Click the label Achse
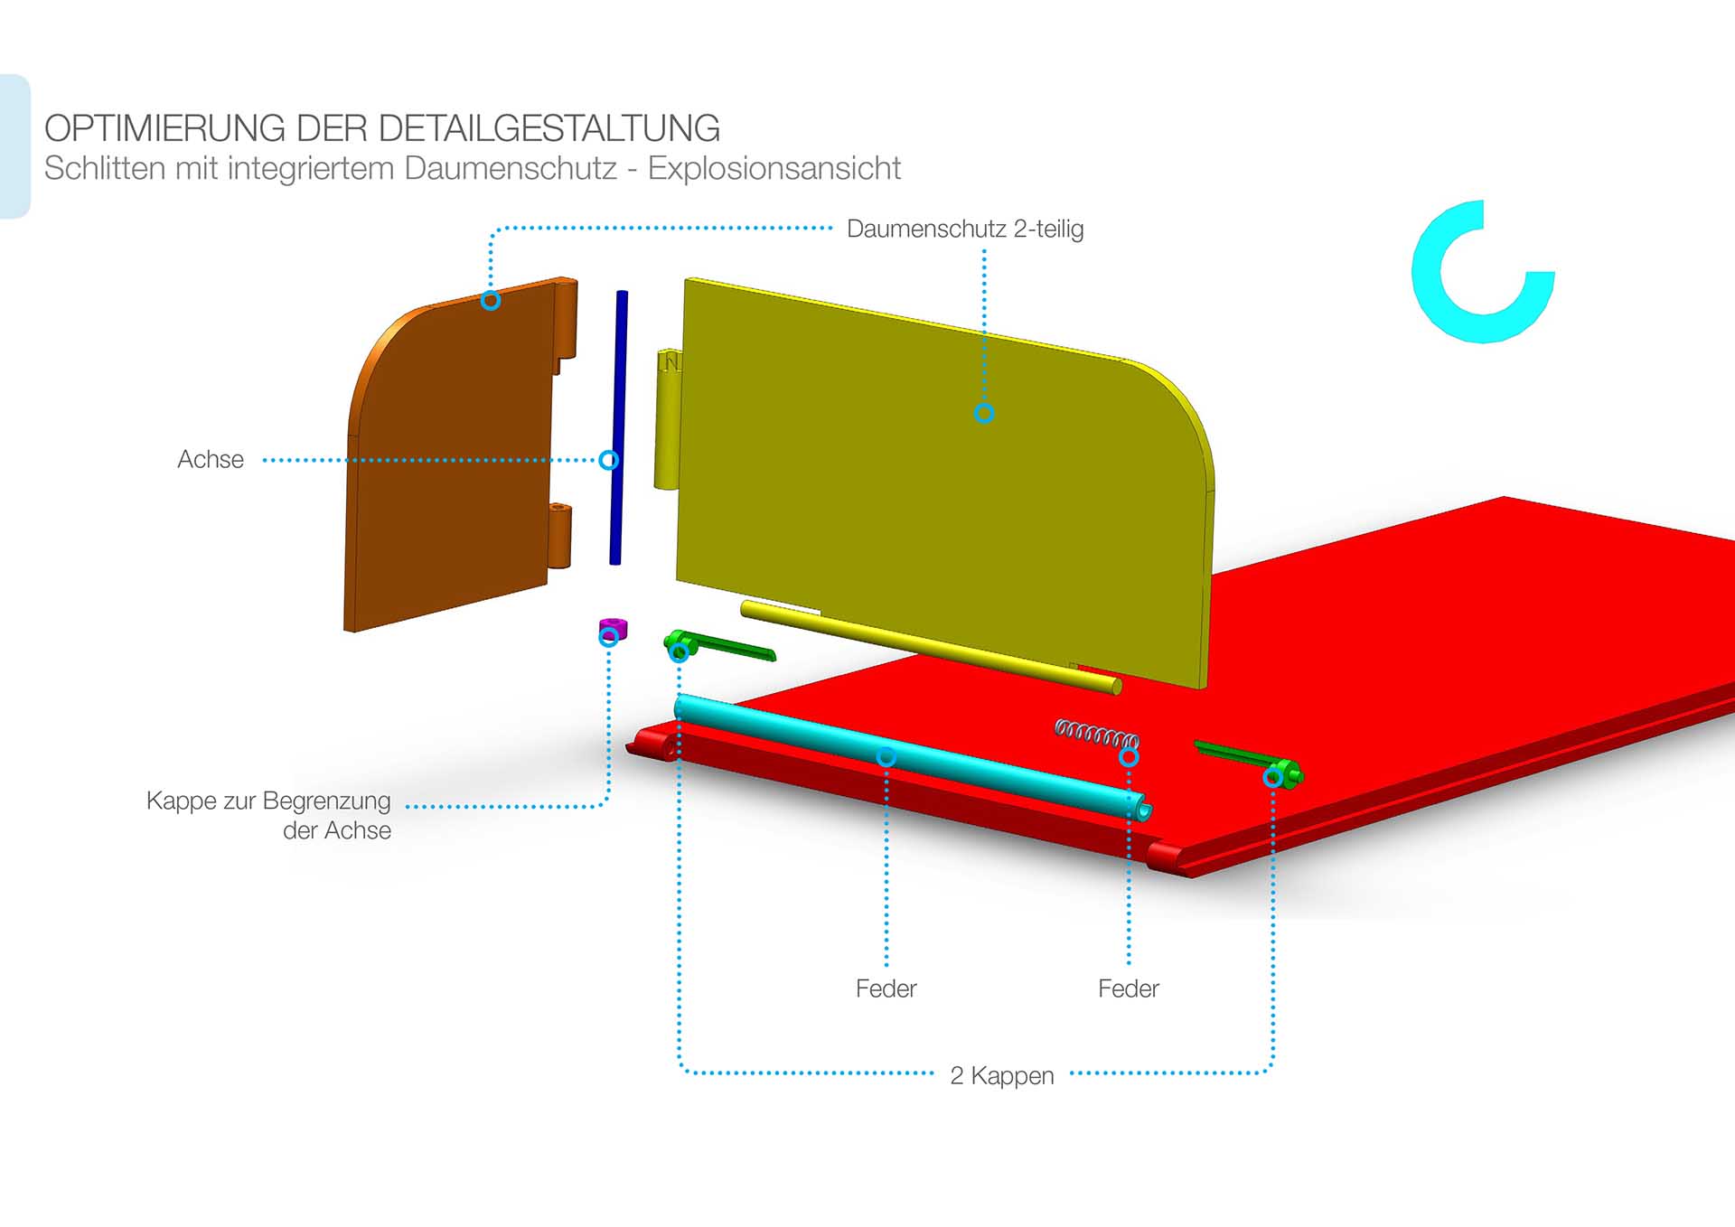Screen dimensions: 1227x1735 [x=211, y=459]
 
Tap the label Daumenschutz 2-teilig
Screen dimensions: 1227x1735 [x=964, y=229]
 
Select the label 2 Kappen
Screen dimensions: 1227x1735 [x=1001, y=1075]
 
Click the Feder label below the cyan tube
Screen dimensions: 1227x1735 [x=886, y=988]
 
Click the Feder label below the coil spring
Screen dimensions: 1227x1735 [x=1128, y=988]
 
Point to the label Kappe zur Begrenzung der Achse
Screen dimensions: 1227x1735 [x=269, y=815]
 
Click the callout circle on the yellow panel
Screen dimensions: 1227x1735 [x=984, y=413]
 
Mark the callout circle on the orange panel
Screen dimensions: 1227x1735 [x=491, y=300]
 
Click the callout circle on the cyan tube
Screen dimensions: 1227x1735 [x=886, y=756]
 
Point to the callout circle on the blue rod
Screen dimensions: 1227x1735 [x=610, y=460]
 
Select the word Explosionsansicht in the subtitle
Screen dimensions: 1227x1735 [x=774, y=169]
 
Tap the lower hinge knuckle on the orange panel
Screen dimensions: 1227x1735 [x=560, y=535]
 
